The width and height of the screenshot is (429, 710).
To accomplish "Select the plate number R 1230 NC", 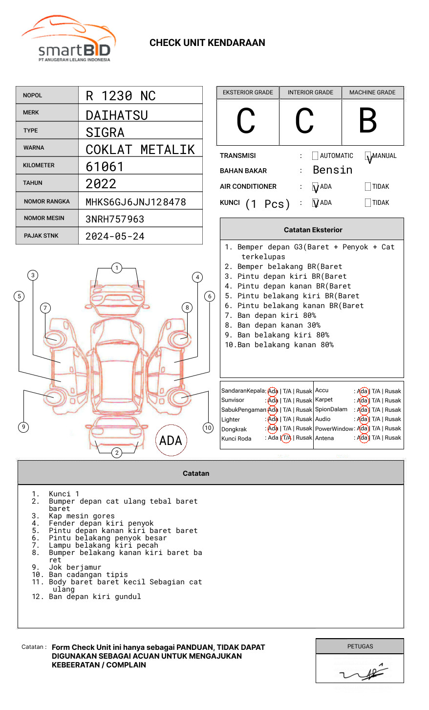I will [x=121, y=96].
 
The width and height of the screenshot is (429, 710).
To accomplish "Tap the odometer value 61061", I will [x=105, y=167].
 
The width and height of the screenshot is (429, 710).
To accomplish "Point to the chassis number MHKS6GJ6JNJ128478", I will [x=136, y=202].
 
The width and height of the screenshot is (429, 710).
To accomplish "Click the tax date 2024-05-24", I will [x=115, y=237].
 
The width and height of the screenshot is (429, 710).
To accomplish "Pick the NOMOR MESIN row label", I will [x=44, y=218].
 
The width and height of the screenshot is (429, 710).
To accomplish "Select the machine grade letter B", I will [x=368, y=121].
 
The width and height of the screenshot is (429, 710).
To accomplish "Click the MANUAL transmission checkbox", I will [x=368, y=156].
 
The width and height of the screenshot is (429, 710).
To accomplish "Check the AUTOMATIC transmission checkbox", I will [x=315, y=156].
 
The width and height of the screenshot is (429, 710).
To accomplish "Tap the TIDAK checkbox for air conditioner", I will [x=368, y=187].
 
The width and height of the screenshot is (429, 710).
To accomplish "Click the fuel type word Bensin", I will [x=332, y=170].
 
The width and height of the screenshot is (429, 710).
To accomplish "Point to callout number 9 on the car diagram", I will [x=23, y=427].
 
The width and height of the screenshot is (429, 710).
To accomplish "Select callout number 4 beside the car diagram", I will [x=197, y=277].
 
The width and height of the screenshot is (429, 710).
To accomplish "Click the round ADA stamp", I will [x=171, y=441].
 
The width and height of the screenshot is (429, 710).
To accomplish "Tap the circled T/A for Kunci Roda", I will [x=286, y=438].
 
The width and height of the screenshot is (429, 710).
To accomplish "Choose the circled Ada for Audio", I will [x=363, y=419].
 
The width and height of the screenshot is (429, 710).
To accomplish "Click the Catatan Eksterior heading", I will [x=313, y=230].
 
